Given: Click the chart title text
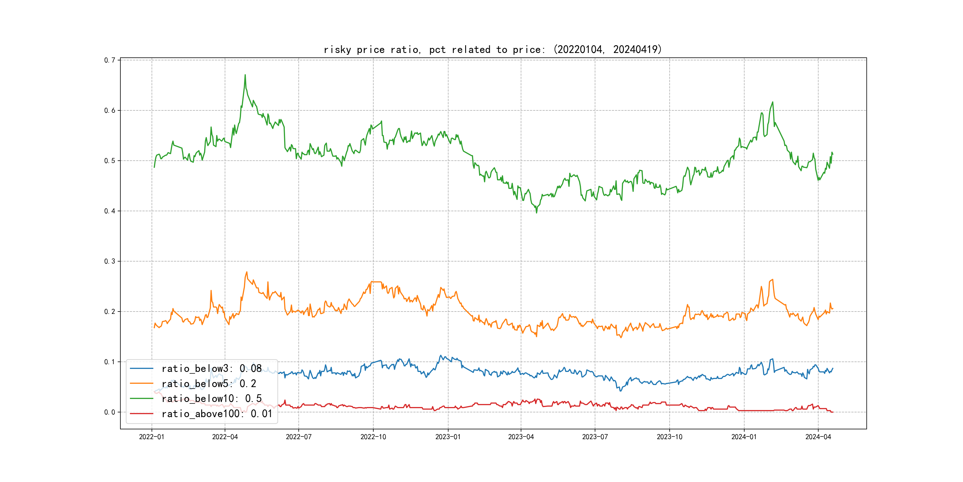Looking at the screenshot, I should point(492,50).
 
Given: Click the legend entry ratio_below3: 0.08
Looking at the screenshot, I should point(211,369).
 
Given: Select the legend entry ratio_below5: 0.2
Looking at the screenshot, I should point(209,384).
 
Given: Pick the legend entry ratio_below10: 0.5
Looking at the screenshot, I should point(211,399).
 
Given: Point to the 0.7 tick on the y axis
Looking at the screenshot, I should point(110,60).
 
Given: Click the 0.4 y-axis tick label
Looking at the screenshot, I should point(110,211).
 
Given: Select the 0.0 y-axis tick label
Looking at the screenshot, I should point(110,412).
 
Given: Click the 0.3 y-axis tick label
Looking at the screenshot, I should point(110,261).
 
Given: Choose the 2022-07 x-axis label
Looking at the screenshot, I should point(298,437).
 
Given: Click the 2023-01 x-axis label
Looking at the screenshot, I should point(448,437).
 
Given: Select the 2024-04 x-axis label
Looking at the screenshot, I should point(818,437).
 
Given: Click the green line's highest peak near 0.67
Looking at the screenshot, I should point(245,75).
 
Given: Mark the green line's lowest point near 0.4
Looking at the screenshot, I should point(536,212).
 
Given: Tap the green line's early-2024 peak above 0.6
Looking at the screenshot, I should point(773,102).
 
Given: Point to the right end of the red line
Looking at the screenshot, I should point(833,412).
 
